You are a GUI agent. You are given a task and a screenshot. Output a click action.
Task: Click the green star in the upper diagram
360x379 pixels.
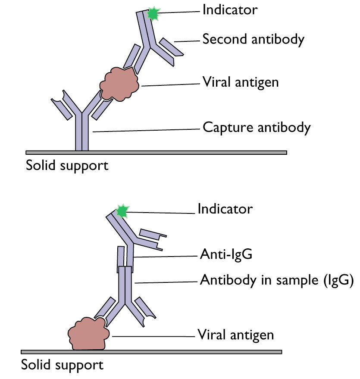pos(152,14)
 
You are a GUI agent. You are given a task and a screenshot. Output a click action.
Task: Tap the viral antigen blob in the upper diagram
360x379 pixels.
pos(119,83)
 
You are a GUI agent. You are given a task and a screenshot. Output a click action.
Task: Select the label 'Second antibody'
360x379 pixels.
pos(253,39)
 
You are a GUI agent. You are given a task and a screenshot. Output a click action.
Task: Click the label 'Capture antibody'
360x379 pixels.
pos(257,128)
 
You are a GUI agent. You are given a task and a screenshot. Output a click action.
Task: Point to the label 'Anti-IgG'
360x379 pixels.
pos(225,255)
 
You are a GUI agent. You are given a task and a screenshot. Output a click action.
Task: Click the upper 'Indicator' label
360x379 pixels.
pos(230,10)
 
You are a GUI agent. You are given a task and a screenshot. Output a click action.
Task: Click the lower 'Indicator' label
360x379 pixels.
pos(225,209)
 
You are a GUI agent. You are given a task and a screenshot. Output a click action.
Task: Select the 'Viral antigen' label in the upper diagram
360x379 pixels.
pos(241,81)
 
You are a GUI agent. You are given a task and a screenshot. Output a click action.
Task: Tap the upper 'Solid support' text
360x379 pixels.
pos(67,165)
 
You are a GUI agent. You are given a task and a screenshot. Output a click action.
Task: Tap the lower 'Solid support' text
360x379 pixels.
pos(63,365)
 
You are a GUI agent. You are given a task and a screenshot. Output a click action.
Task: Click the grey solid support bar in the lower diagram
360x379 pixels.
pos(151,351)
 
